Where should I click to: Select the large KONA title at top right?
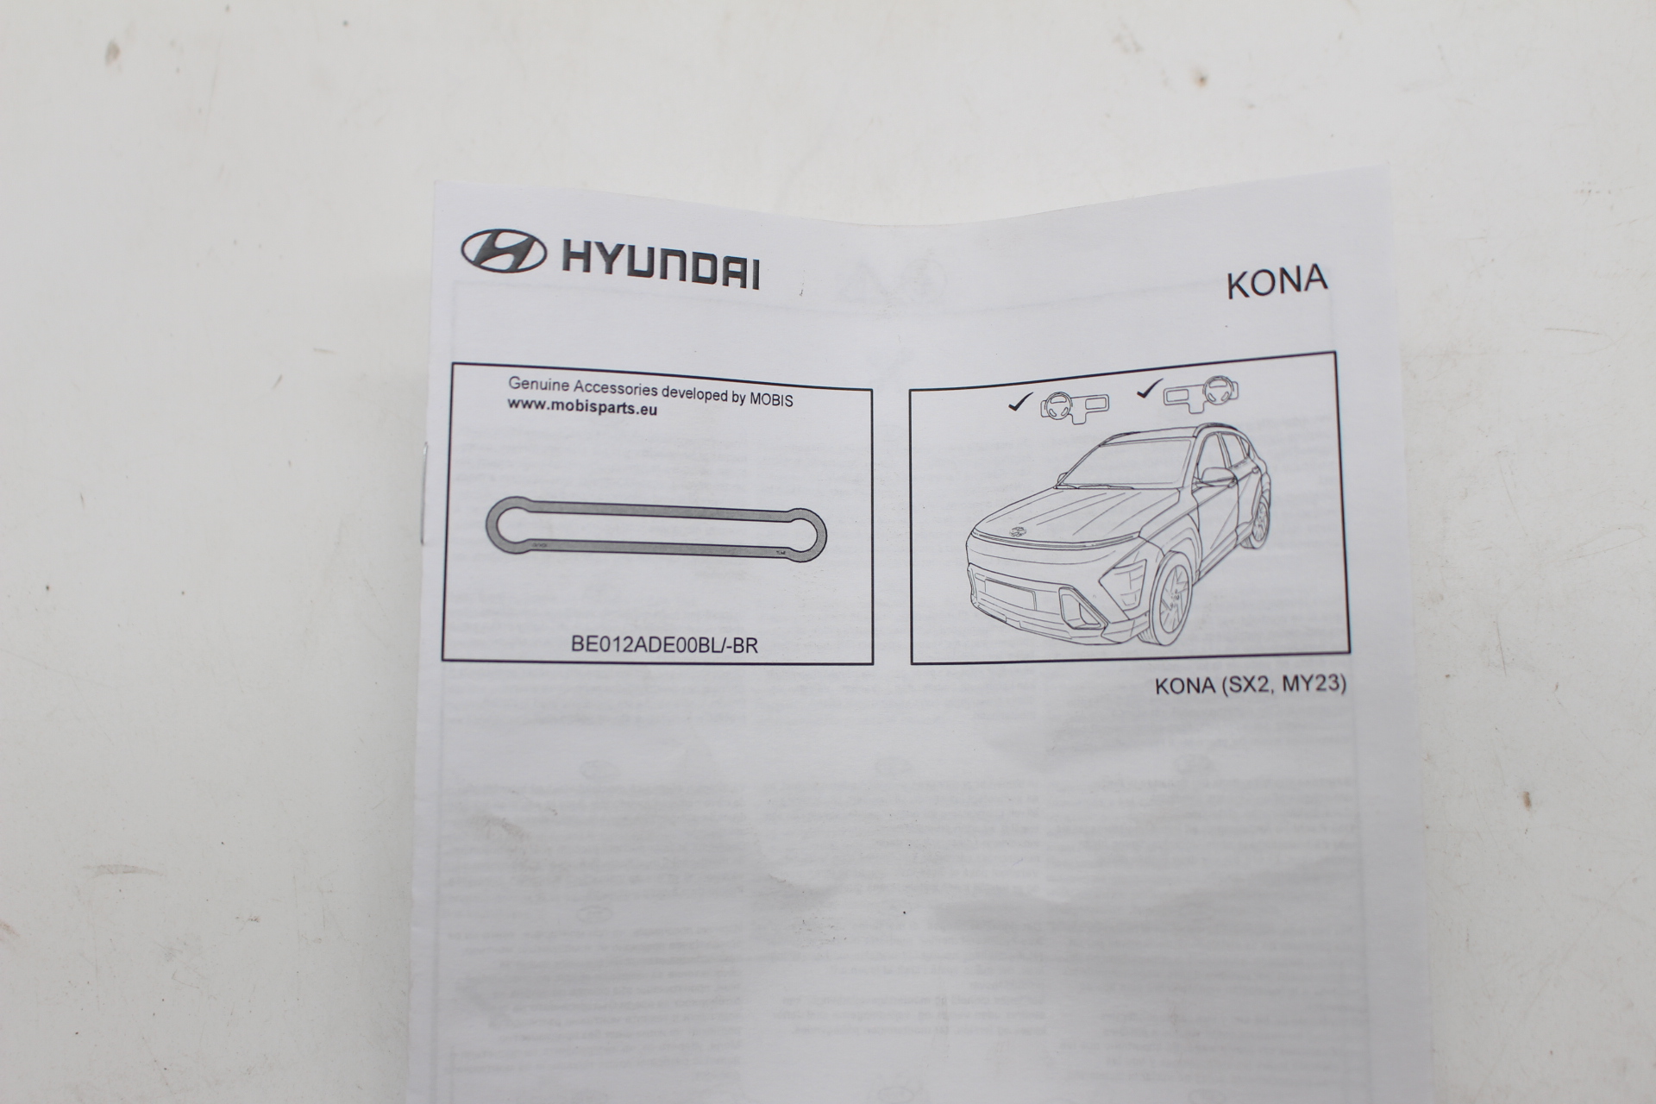[1276, 281]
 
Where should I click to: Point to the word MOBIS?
[770, 398]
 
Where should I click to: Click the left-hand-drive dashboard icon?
[1074, 407]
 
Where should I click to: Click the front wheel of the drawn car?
[1170, 598]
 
